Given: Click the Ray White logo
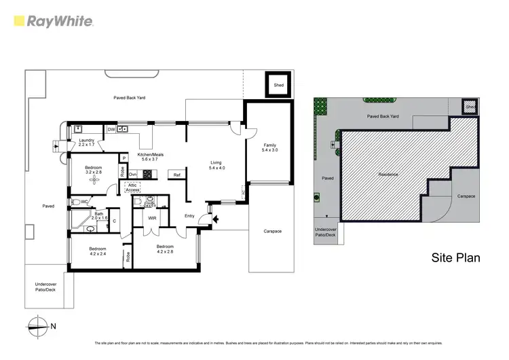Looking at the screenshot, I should pyautogui.click(x=52, y=21).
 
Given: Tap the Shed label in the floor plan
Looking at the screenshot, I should pyautogui.click(x=278, y=86).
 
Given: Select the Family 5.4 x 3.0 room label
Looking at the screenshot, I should pyautogui.click(x=269, y=147).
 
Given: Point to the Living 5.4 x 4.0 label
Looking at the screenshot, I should pyautogui.click(x=216, y=165).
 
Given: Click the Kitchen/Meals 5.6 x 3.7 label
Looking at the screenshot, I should pyautogui.click(x=150, y=157).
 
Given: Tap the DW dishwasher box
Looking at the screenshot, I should pyautogui.click(x=111, y=128).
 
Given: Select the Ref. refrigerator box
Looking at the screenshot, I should pyautogui.click(x=176, y=175).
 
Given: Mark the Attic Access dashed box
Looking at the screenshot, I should pyautogui.click(x=132, y=188).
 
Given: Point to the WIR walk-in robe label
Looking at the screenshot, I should pyautogui.click(x=153, y=218).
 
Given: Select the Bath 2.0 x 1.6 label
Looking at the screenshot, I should pyautogui.click(x=99, y=216).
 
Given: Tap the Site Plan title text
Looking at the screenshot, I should pyautogui.click(x=455, y=257).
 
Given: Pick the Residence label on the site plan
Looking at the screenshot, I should pyautogui.click(x=388, y=175).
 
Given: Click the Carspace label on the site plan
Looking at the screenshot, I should pyautogui.click(x=466, y=196).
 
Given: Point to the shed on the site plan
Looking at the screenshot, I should pyautogui.click(x=469, y=106).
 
